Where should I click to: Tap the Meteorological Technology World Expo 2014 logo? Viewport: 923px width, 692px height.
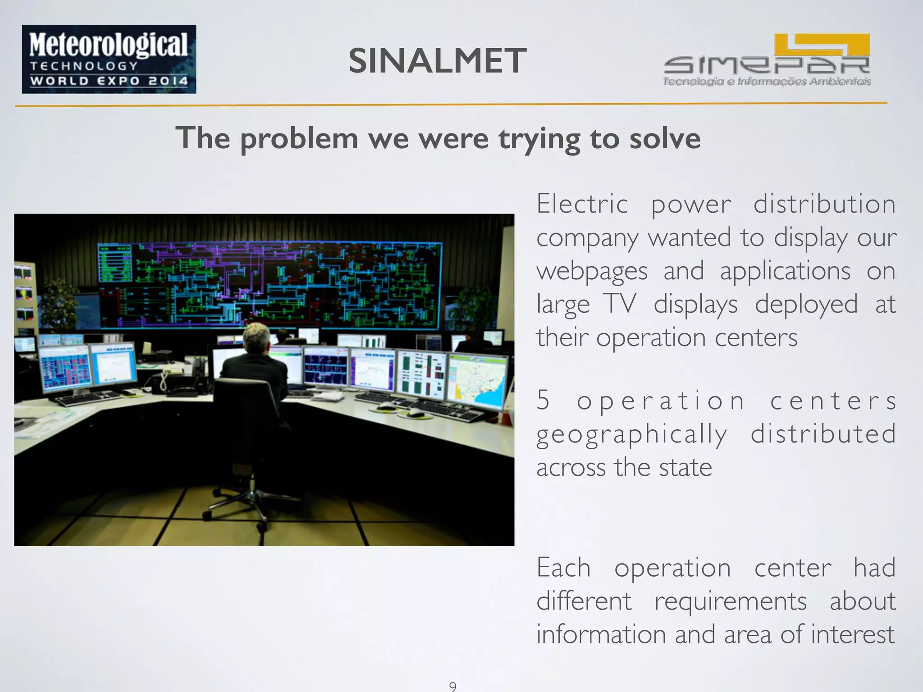click(x=109, y=59)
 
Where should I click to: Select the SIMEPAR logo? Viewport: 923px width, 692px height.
click(x=766, y=60)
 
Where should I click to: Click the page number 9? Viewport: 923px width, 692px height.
click(x=452, y=686)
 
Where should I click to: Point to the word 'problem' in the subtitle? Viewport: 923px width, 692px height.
click(x=299, y=138)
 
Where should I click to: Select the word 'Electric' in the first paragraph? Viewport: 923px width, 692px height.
click(x=582, y=204)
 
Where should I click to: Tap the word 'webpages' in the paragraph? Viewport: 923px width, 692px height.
click(x=592, y=271)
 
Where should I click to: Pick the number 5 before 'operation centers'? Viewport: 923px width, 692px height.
click(x=543, y=400)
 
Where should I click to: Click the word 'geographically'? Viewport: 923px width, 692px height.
click(x=631, y=434)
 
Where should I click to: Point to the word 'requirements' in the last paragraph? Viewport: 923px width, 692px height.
click(x=730, y=601)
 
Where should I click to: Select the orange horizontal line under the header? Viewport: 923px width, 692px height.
click(x=451, y=105)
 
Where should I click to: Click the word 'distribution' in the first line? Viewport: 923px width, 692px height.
click(x=824, y=204)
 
